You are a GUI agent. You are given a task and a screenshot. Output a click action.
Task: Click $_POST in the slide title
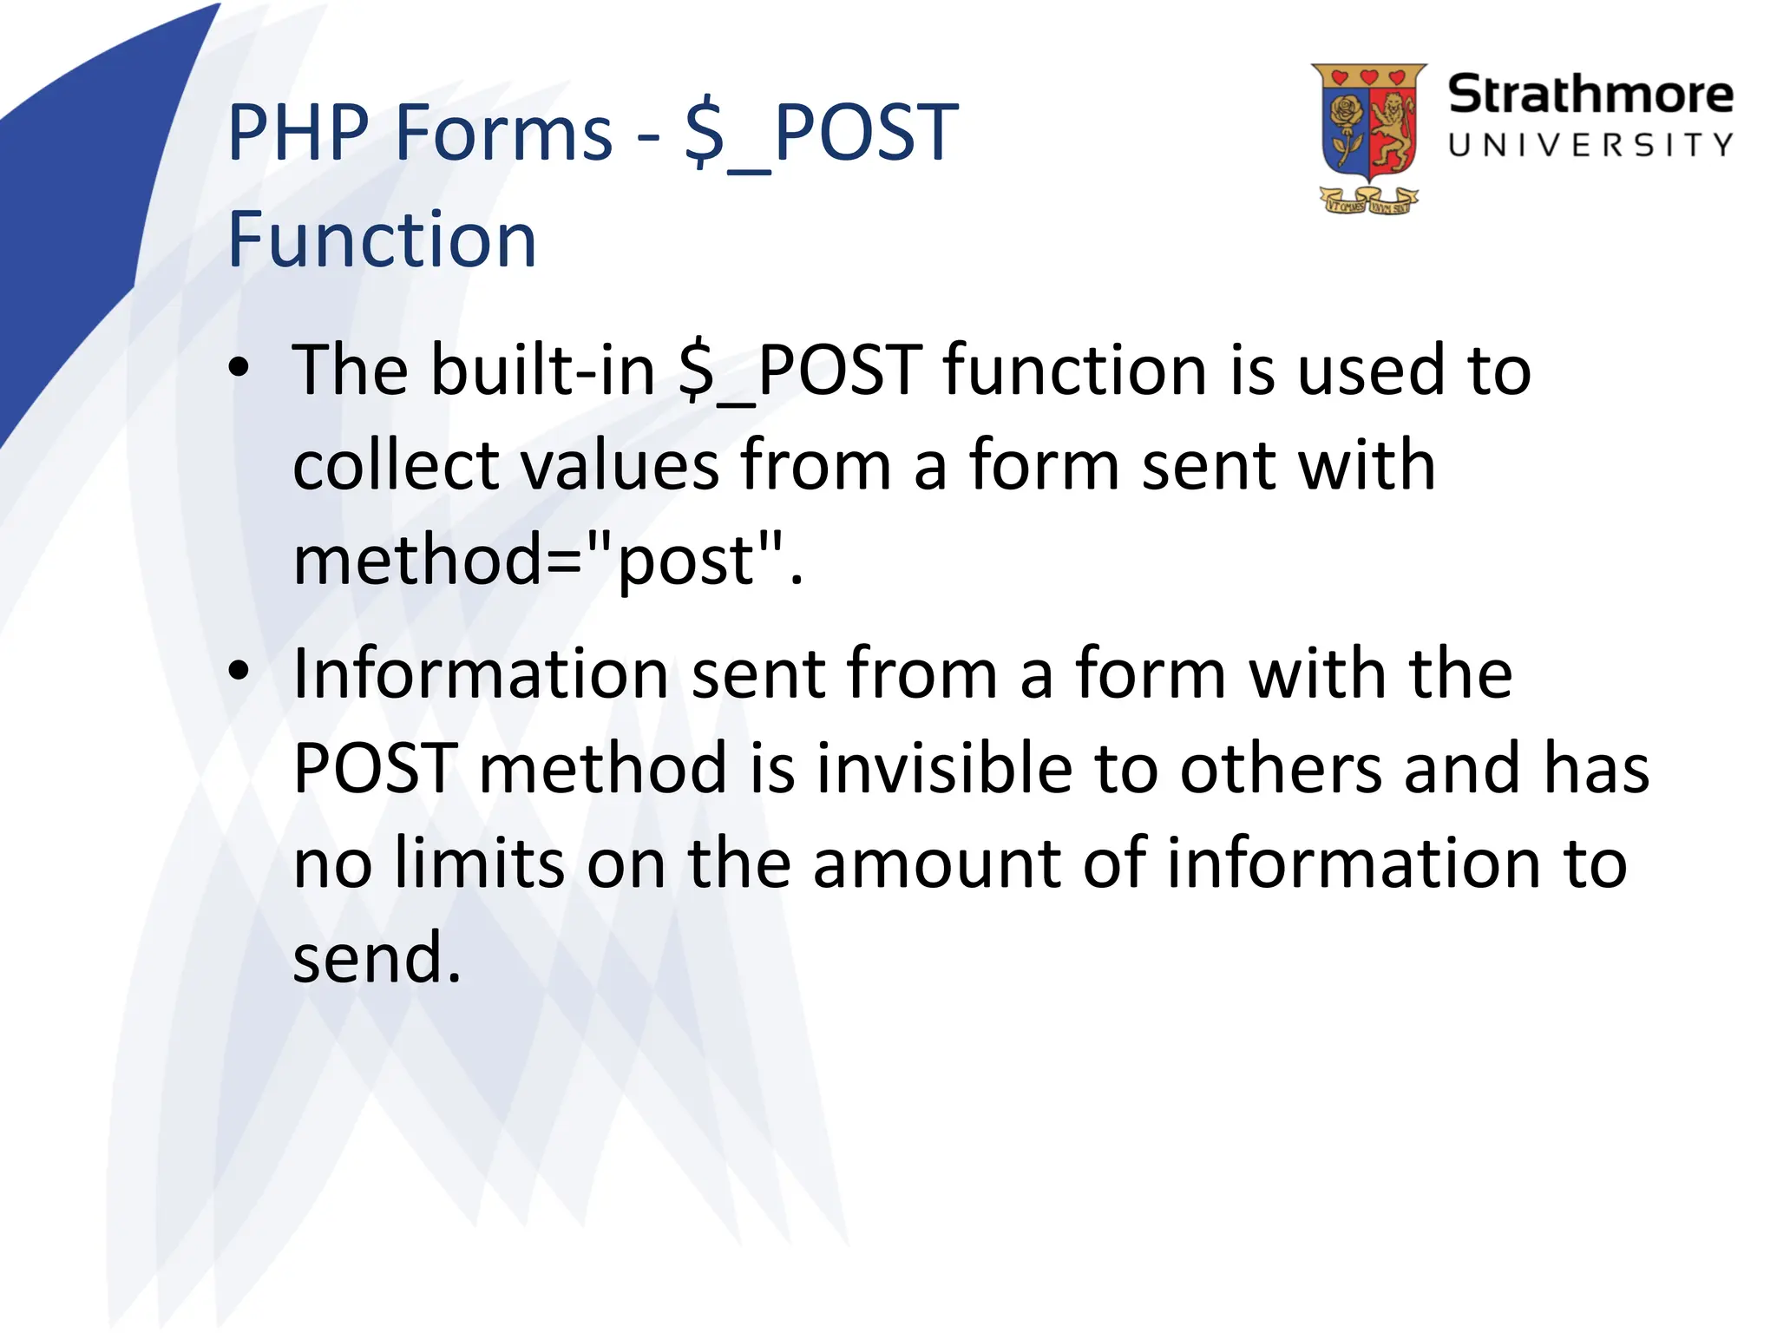coord(821,135)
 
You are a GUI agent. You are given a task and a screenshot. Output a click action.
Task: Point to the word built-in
coord(543,371)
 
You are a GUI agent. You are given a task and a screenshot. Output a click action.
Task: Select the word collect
coord(396,465)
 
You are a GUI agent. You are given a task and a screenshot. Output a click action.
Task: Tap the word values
coord(620,465)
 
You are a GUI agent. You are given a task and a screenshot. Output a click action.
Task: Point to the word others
coord(1280,769)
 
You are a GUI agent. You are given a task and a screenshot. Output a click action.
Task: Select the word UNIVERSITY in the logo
coord(1590,145)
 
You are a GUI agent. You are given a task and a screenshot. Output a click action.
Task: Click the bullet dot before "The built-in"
coord(239,369)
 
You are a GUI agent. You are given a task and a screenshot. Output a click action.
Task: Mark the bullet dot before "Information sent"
coord(239,671)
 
